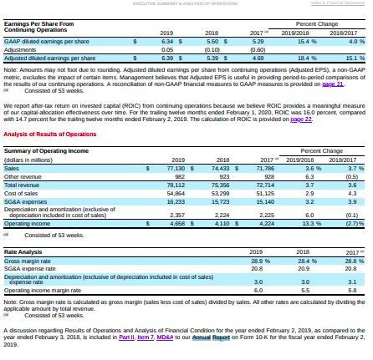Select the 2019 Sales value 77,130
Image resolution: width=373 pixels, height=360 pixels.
171,169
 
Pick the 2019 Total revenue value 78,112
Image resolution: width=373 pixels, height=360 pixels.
173,185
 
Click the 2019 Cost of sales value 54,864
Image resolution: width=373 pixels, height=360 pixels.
173,193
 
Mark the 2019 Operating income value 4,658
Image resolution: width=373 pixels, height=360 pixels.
175,224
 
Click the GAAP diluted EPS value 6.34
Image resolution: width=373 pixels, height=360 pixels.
166,40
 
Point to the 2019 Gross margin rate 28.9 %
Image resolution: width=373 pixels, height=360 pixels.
257,260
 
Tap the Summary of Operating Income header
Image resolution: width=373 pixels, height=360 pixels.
46,150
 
